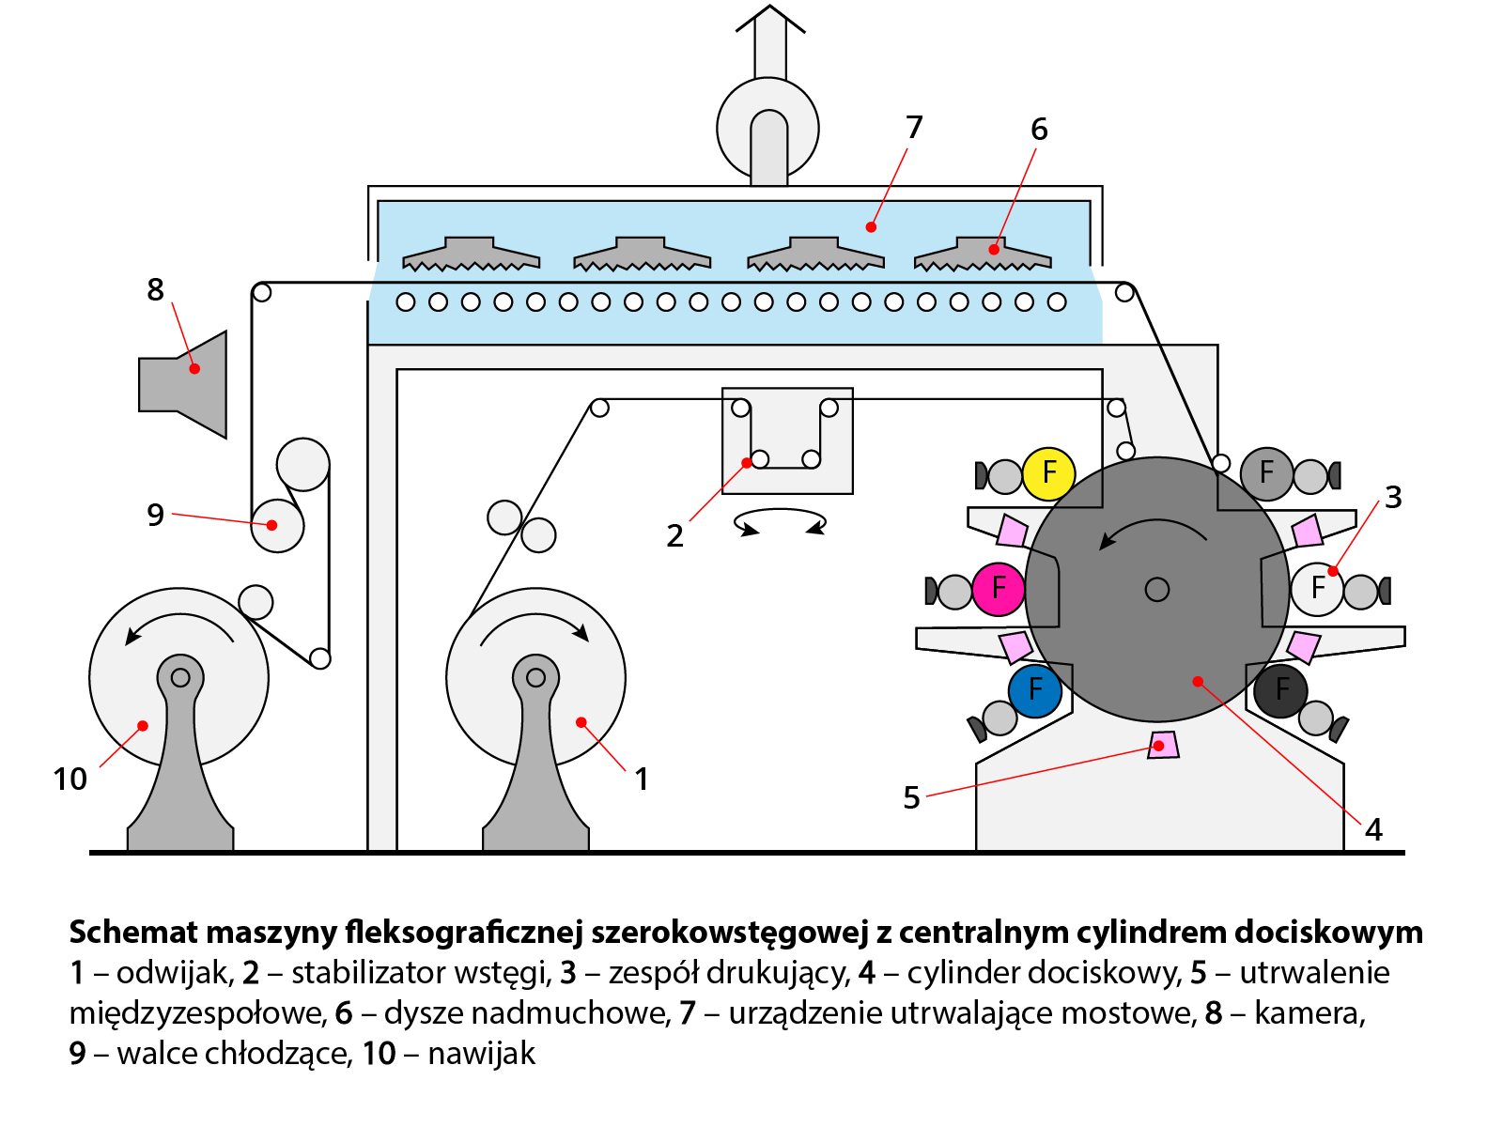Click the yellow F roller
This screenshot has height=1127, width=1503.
pyautogui.click(x=1048, y=473)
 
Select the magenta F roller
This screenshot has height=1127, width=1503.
pyautogui.click(x=998, y=589)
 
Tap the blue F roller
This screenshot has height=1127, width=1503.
pyautogui.click(x=1034, y=690)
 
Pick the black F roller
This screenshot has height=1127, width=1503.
pyautogui.click(x=1280, y=690)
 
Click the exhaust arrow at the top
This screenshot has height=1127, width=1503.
pyautogui.click(x=769, y=42)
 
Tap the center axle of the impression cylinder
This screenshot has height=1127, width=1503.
pyautogui.click(x=1157, y=589)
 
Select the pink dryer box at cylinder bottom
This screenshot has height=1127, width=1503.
pyautogui.click(x=1163, y=745)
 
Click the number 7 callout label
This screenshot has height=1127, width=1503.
pyautogui.click(x=914, y=128)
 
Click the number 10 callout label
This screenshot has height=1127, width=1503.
pyautogui.click(x=70, y=780)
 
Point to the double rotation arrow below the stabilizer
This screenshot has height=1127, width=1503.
pyautogui.click(x=780, y=522)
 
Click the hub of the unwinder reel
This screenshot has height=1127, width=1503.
pyautogui.click(x=535, y=677)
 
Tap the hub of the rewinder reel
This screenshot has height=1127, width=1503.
pyautogui.click(x=180, y=677)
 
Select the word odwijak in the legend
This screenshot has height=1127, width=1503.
pyautogui.click(x=175, y=973)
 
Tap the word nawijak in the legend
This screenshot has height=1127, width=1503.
pyautogui.click(x=481, y=1054)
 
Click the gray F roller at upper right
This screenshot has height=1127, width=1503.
pyautogui.click(x=1266, y=473)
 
